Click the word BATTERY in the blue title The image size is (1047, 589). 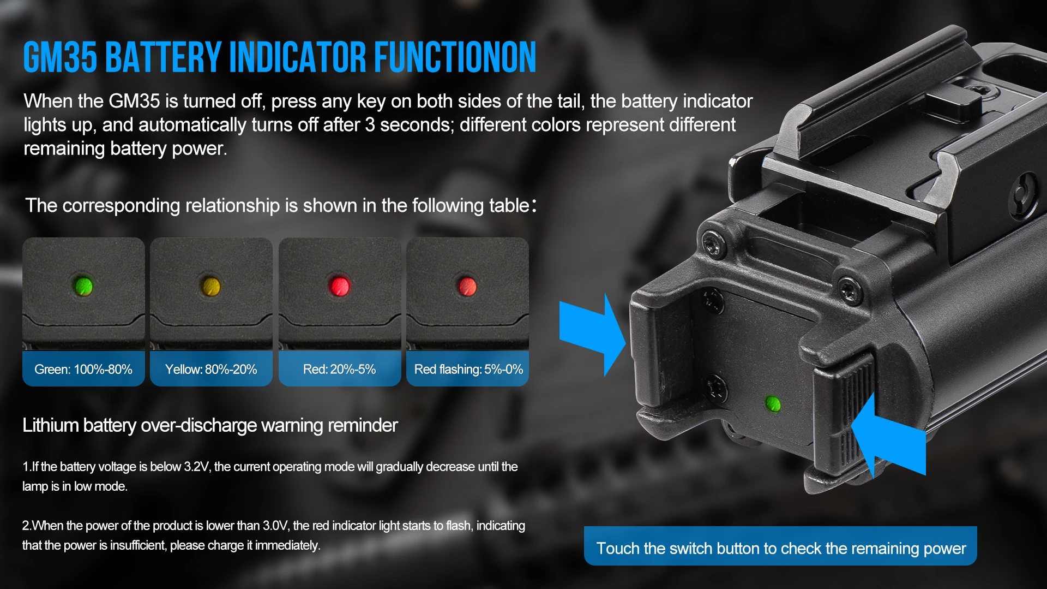coord(163,57)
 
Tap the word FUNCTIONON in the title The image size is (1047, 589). coord(455,57)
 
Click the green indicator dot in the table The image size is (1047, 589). coord(83,285)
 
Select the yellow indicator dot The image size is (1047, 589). coord(211,286)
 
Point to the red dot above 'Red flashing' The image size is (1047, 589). coord(467,286)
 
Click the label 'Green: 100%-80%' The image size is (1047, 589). coord(83,370)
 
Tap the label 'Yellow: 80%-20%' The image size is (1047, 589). coord(211,370)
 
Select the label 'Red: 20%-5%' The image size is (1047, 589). coord(339,370)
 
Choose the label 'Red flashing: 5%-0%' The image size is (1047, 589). coord(468,370)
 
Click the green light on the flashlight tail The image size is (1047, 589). coord(773,404)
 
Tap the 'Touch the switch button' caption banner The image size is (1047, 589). coord(780,546)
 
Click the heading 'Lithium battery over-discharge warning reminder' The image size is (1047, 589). coord(210,425)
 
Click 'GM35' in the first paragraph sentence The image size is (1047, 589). coord(134,101)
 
